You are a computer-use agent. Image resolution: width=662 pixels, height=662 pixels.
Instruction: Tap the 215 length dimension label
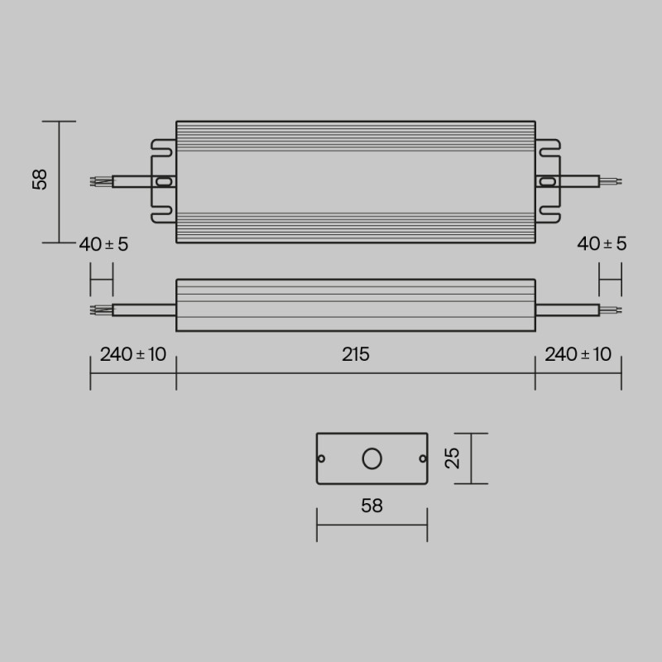pyautogui.click(x=355, y=355)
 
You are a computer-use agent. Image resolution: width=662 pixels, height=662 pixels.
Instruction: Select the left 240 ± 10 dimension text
pyautogui.click(x=132, y=355)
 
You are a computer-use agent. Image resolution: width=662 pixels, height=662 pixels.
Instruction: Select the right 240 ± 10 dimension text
pyautogui.click(x=578, y=355)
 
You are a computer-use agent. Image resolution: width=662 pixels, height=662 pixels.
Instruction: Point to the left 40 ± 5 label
pyautogui.click(x=103, y=244)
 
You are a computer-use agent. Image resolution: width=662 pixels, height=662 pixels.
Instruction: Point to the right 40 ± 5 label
pyautogui.click(x=602, y=244)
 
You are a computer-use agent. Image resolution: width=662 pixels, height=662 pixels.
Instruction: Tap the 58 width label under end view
pyautogui.click(x=372, y=506)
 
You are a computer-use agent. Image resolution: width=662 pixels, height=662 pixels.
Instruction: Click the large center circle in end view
pyautogui.click(x=372, y=458)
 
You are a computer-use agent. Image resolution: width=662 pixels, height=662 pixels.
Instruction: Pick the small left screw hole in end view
pyautogui.click(x=323, y=458)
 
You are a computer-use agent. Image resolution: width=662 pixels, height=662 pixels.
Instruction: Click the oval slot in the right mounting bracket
pyautogui.click(x=546, y=181)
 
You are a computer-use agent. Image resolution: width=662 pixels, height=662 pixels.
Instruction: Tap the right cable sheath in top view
pyautogui.click(x=578, y=180)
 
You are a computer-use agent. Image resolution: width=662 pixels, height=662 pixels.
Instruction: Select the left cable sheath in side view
pyautogui.click(x=142, y=309)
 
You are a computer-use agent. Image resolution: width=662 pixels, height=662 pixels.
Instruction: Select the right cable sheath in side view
pyautogui.click(x=567, y=309)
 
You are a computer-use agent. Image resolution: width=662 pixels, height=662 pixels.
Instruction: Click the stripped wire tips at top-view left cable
pyautogui.click(x=99, y=181)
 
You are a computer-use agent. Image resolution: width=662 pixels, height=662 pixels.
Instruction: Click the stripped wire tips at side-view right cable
pyautogui.click(x=610, y=309)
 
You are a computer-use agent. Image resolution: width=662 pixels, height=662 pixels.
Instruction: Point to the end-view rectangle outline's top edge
pyautogui.click(x=372, y=434)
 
